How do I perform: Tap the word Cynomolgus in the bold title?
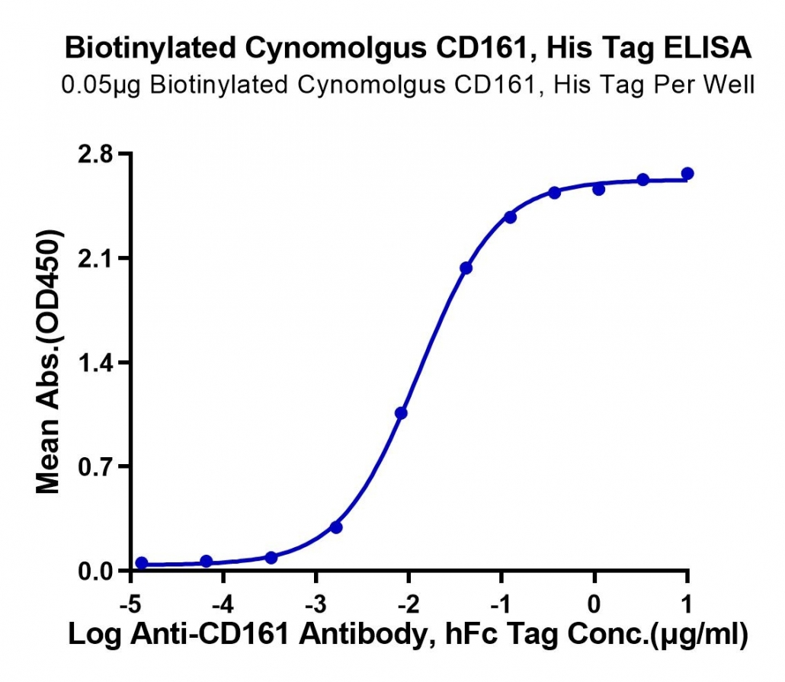tap(336, 49)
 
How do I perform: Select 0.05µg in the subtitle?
tap(101, 85)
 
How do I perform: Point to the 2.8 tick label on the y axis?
tap(95, 154)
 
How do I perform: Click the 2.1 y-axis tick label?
tap(95, 258)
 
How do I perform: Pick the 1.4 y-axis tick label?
tap(95, 363)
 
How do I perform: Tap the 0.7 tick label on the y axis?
tap(95, 466)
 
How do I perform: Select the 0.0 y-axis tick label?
tap(95, 571)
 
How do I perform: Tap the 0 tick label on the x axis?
tap(594, 604)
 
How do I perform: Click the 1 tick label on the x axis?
tap(687, 604)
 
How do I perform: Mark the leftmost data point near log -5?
tap(142, 563)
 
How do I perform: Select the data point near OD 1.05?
tap(401, 413)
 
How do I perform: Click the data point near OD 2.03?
tap(466, 268)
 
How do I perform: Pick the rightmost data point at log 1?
tap(687, 174)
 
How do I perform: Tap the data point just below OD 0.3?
tap(336, 527)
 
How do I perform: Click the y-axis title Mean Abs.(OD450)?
tap(48, 361)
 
